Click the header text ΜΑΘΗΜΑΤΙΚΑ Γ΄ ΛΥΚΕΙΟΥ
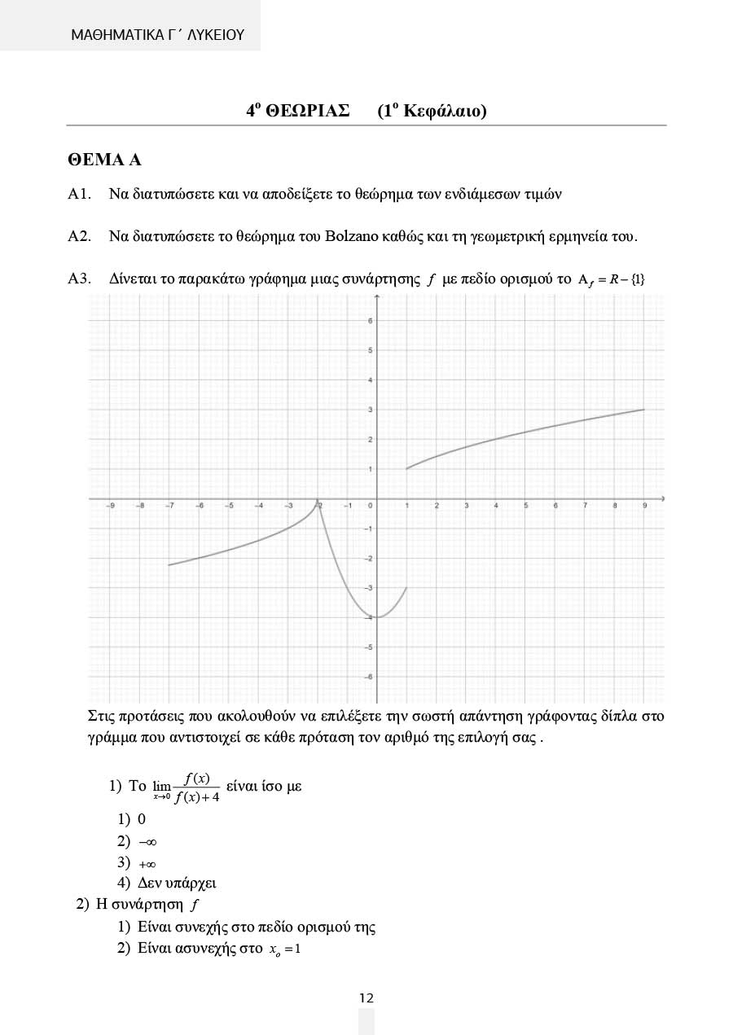click(x=157, y=35)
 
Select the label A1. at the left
click(x=79, y=195)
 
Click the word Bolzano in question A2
click(x=351, y=237)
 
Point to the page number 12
click(x=366, y=998)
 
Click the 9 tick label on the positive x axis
click(x=644, y=507)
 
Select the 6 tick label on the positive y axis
click(x=370, y=321)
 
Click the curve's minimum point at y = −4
click(x=377, y=617)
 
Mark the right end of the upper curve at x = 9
click(x=644, y=410)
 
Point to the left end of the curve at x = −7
click(x=169, y=565)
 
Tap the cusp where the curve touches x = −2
click(x=318, y=499)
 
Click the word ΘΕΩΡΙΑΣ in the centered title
click(x=308, y=111)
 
